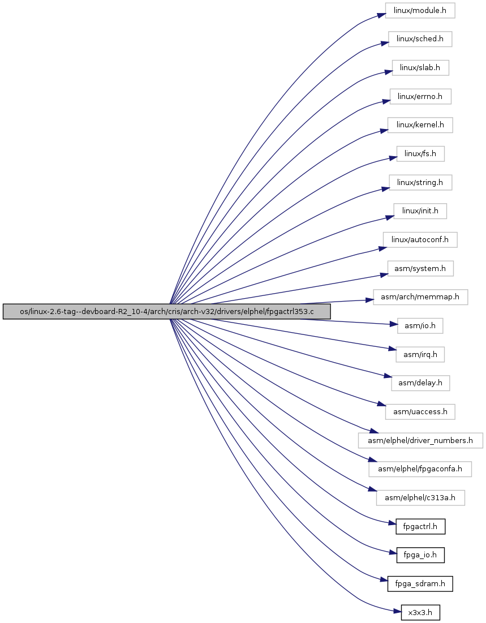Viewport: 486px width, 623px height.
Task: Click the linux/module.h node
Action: pyautogui.click(x=420, y=10)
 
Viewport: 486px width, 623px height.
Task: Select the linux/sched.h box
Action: pyautogui.click(x=420, y=39)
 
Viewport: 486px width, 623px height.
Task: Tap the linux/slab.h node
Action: pyautogui.click(x=420, y=67)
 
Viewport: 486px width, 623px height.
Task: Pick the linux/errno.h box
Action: pyautogui.click(x=420, y=97)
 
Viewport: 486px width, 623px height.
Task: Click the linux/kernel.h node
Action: pyautogui.click(x=420, y=125)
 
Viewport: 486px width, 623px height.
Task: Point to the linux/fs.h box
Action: pyautogui.click(x=420, y=154)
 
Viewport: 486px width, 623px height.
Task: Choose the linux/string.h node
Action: pyautogui.click(x=420, y=182)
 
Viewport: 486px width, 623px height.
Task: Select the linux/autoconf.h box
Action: pyautogui.click(x=420, y=239)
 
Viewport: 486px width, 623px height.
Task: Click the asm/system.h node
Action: pyautogui.click(x=420, y=269)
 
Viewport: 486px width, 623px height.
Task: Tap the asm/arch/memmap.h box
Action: pyautogui.click(x=420, y=297)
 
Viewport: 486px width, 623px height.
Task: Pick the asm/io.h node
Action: pyautogui.click(x=420, y=326)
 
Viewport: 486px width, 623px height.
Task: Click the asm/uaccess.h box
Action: pyautogui.click(x=420, y=411)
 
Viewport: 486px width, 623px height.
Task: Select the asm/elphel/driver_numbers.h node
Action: pyautogui.click(x=420, y=441)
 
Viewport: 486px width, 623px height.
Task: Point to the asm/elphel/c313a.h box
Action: pyautogui.click(x=420, y=498)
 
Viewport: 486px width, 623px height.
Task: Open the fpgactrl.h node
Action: pyautogui.click(x=420, y=526)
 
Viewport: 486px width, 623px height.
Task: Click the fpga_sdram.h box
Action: pyautogui.click(x=420, y=584)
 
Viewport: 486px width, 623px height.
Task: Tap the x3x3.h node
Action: pyautogui.click(x=420, y=613)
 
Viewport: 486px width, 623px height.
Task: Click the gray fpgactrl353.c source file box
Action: pyautogui.click(x=166, y=311)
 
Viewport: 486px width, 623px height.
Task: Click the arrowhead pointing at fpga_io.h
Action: pyautogui.click(x=392, y=552)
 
